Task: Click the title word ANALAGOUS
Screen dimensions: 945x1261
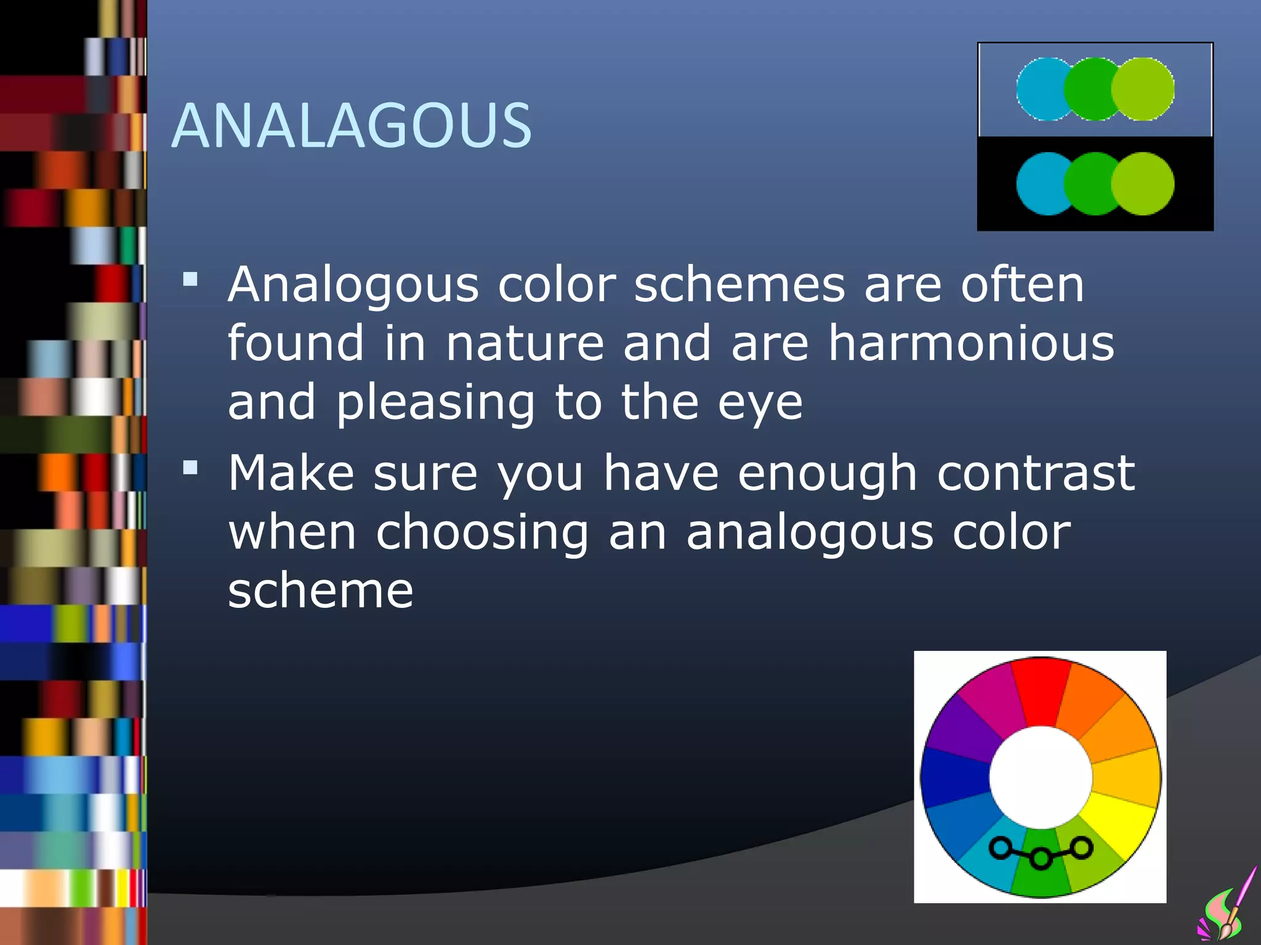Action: coord(351,126)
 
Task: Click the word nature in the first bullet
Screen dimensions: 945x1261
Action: coord(524,343)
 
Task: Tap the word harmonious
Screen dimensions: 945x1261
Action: coord(971,343)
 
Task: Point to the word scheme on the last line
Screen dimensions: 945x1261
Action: coord(320,591)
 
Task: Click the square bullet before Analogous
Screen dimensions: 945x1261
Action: coord(190,280)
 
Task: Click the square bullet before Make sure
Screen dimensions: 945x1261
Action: coord(190,469)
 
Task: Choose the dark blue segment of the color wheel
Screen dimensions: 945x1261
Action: coord(954,776)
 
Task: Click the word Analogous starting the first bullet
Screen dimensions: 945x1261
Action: coord(353,285)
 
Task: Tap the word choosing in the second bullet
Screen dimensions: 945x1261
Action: coord(482,532)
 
